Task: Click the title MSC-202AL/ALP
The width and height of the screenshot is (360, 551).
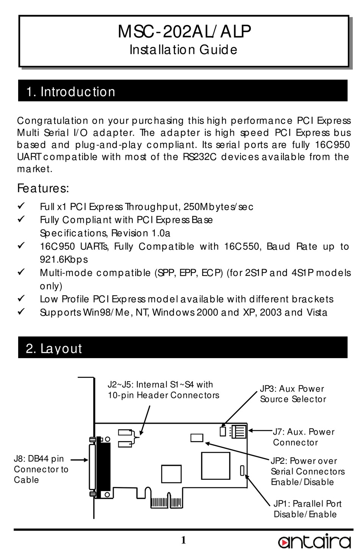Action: (x=184, y=31)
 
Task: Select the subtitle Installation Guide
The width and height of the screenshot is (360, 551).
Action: (x=183, y=50)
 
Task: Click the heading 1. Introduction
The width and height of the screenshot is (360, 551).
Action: (x=71, y=92)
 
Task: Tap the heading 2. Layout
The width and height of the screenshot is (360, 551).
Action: (x=54, y=348)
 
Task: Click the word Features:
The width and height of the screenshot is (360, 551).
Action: (x=43, y=188)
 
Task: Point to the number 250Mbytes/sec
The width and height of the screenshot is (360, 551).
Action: (x=218, y=207)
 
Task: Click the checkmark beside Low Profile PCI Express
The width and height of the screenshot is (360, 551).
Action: (x=22, y=299)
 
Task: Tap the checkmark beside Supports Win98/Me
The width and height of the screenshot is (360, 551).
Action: (x=22, y=312)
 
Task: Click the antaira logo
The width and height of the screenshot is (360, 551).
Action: (x=314, y=541)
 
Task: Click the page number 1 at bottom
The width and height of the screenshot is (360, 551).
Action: (x=183, y=540)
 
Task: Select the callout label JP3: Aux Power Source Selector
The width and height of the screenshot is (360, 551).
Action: (x=293, y=394)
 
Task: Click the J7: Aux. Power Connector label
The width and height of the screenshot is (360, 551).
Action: (x=303, y=437)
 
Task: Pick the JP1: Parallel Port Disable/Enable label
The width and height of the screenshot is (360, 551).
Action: (x=307, y=509)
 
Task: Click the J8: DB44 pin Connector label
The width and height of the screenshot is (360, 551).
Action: (x=41, y=470)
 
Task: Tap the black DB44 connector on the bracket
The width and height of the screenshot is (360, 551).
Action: (x=103, y=468)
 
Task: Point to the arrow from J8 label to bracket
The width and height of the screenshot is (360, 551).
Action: (x=79, y=460)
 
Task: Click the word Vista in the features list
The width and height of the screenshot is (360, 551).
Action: (x=317, y=313)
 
